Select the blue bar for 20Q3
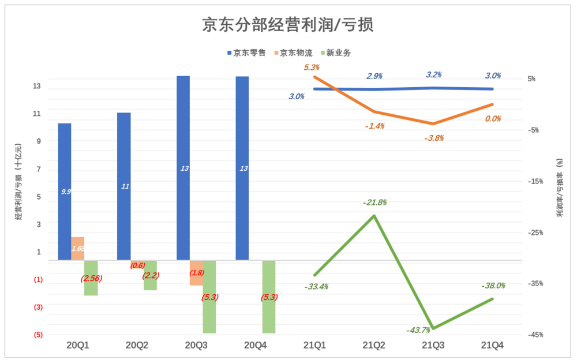click(x=183, y=167)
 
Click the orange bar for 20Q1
click(x=78, y=248)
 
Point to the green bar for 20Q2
click(x=151, y=275)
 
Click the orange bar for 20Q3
click(x=196, y=272)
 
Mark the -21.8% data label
click(x=374, y=202)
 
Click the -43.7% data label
click(x=418, y=330)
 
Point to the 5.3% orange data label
click(x=312, y=67)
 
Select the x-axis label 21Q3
click(x=433, y=345)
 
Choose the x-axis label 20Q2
click(x=137, y=345)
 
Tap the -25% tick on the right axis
click(x=535, y=232)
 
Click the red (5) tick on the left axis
click(x=38, y=335)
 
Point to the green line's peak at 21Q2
click(x=374, y=216)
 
